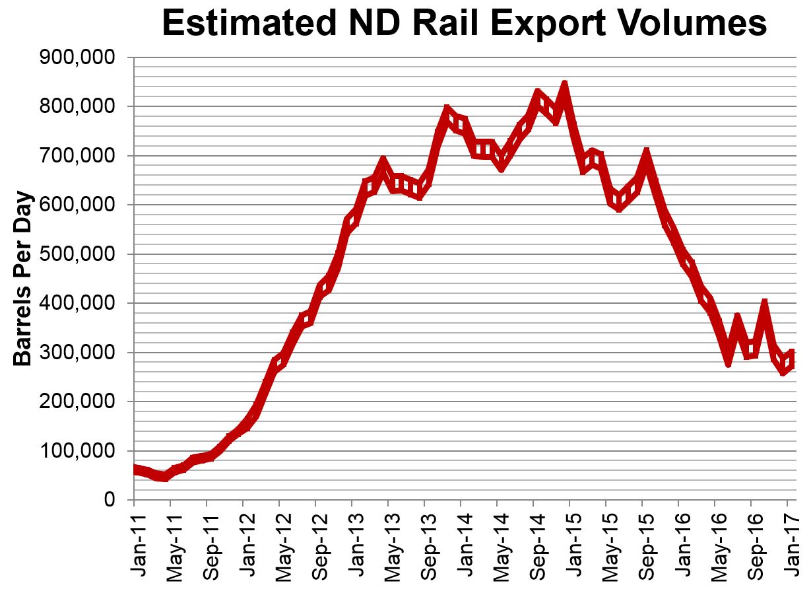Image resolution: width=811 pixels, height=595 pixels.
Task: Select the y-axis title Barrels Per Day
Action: [x=23, y=279]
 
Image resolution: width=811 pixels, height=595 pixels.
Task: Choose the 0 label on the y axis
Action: [x=110, y=500]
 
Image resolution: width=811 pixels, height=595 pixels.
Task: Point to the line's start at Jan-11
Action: [x=135, y=469]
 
